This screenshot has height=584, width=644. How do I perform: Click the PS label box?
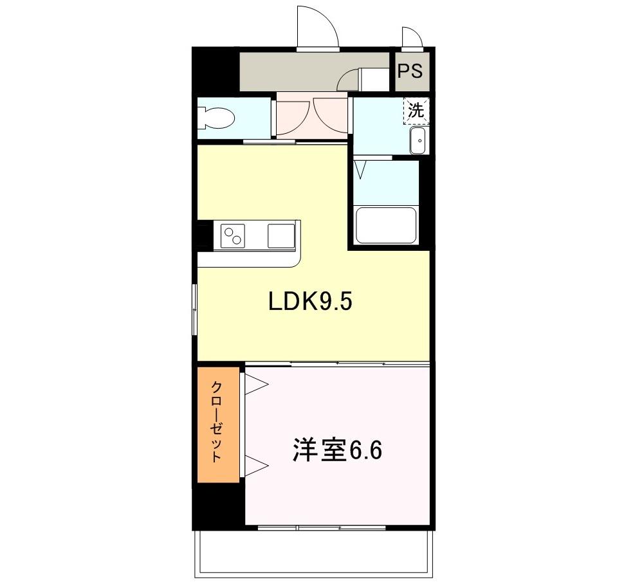click(410, 71)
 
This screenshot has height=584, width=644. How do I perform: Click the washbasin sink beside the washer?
click(418, 140)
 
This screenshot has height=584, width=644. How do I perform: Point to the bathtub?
click(385, 224)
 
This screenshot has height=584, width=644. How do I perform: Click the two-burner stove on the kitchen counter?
click(233, 235)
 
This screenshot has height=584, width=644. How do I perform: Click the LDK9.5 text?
click(310, 302)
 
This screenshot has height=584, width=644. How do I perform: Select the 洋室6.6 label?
click(337, 451)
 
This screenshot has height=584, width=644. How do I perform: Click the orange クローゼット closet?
click(218, 423)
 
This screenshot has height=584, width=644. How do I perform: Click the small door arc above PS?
click(410, 38)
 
